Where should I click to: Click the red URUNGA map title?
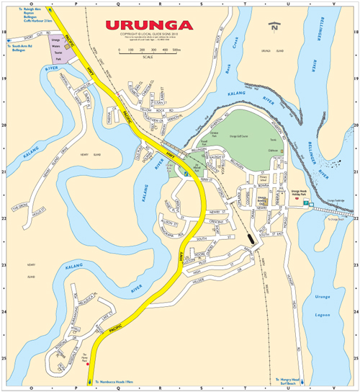[x=149, y=25]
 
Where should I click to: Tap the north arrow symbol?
[x=274, y=28]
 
